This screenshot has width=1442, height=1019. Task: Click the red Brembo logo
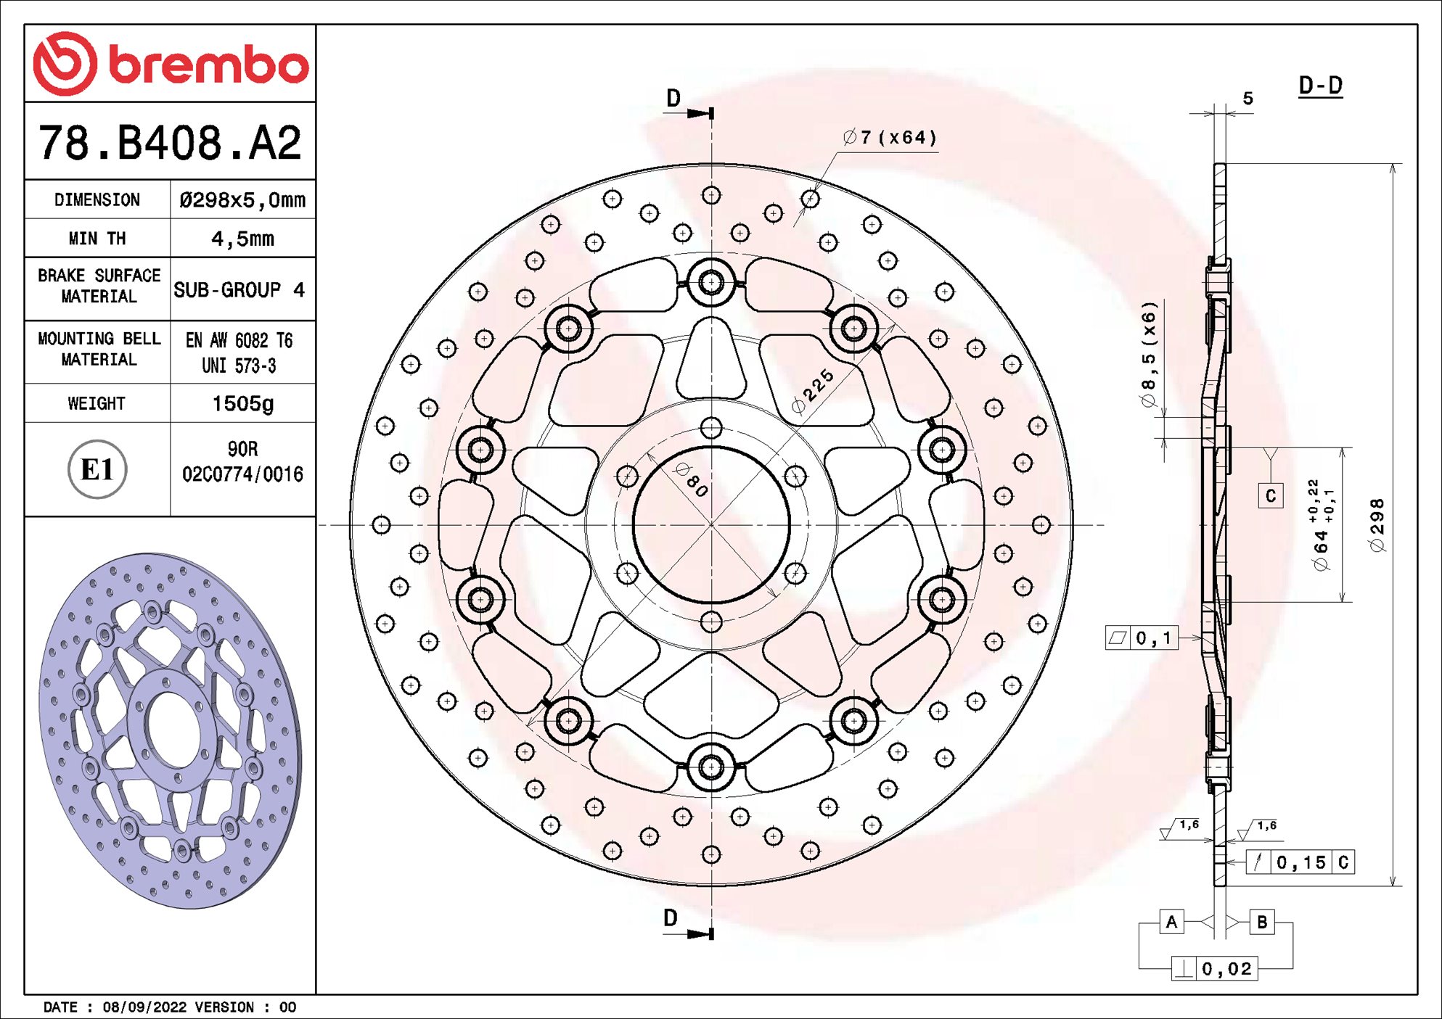[x=171, y=64]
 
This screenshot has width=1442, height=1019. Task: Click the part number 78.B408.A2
[x=170, y=142]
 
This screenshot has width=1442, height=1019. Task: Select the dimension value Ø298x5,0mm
[x=242, y=199]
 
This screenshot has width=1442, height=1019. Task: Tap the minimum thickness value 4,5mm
[x=242, y=239]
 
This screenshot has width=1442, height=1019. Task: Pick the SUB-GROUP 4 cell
[x=239, y=289]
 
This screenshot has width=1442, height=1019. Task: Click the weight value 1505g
[x=242, y=403]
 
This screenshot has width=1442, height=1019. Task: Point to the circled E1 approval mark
[x=97, y=469]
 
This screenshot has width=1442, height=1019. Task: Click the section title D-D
[x=1320, y=86]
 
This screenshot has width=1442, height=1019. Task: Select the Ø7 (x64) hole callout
[x=890, y=137]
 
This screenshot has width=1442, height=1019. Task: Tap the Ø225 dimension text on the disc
[x=814, y=391]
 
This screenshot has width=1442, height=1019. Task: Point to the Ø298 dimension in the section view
[x=1377, y=525]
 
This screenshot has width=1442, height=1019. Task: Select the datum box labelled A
[x=1171, y=922]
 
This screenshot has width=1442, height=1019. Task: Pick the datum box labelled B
[x=1262, y=922]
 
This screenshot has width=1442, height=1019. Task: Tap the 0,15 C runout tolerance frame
[x=1300, y=862]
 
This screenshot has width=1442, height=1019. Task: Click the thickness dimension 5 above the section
[x=1248, y=98]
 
